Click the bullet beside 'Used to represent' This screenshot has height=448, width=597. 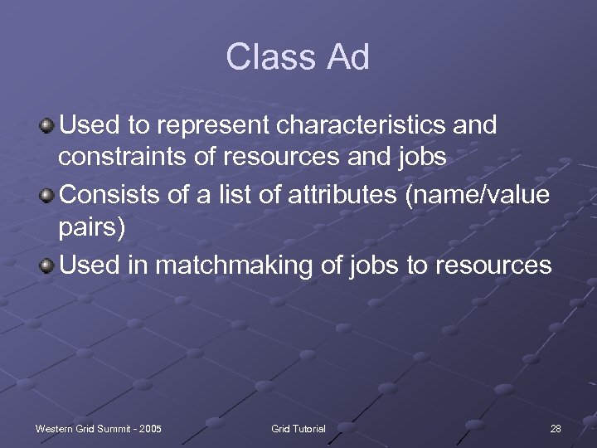[x=47, y=126]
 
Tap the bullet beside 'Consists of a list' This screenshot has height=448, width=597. [x=47, y=196]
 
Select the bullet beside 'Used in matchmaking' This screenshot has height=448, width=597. [x=47, y=265]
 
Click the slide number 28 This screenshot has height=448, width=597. [x=555, y=428]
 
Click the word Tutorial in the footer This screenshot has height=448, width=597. [x=309, y=428]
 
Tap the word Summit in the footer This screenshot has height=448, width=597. [x=114, y=428]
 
